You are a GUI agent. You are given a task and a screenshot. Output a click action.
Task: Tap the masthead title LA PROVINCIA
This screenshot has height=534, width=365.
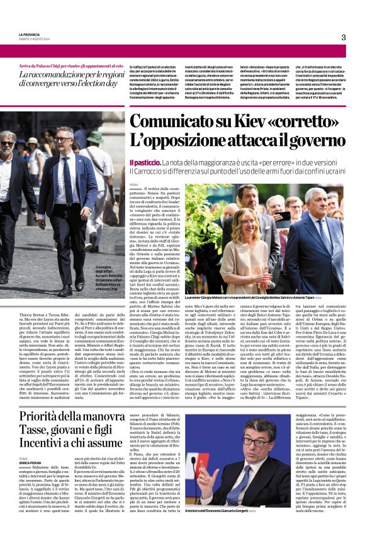pyautogui.click(x=30, y=34)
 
